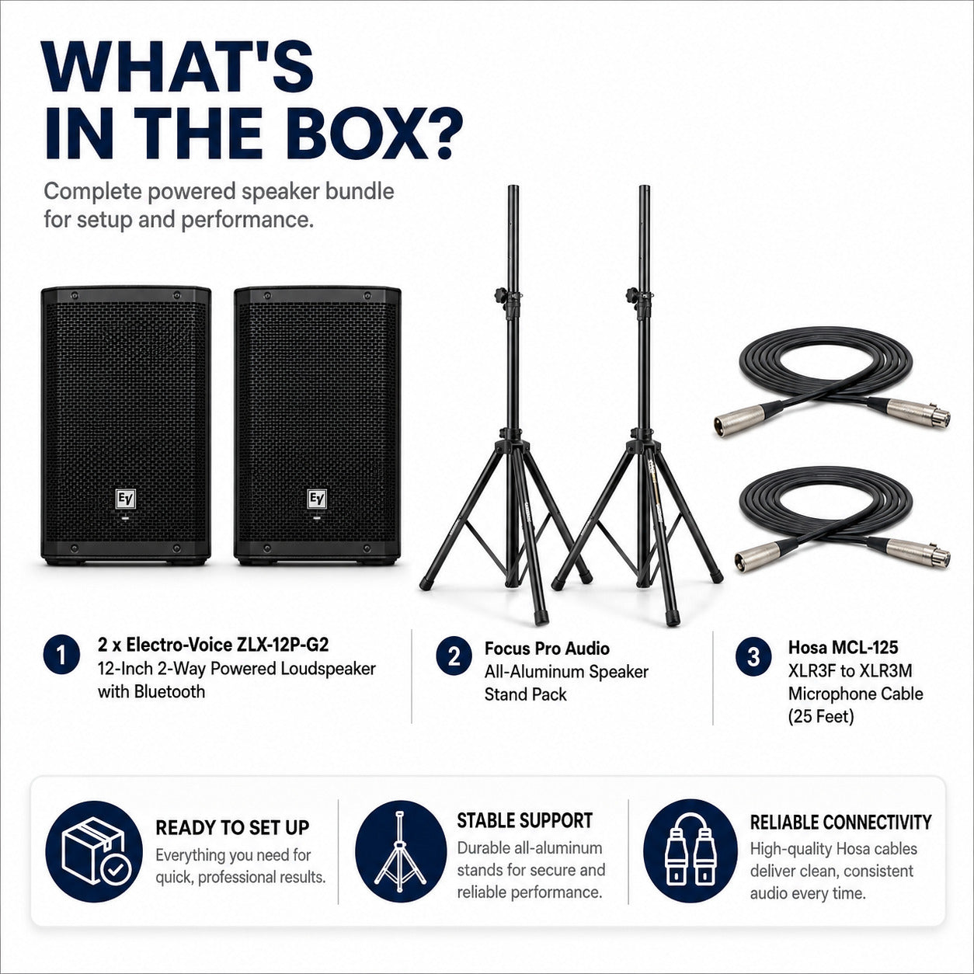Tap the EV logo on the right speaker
pos(318,499)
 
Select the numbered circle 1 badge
pos(61,656)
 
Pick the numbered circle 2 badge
pos(454,656)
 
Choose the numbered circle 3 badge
pos(753,656)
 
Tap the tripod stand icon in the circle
pos(400,852)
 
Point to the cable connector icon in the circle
pos(690,852)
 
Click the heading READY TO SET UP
pos(232,828)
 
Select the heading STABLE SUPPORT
pos(524,821)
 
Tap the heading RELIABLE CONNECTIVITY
pos(840,823)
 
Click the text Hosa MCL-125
pos(843,648)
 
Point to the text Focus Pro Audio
pos(547,649)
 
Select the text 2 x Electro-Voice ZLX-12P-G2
pos(214,645)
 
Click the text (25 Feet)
pos(821,717)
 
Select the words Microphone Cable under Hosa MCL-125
pos(856,694)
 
